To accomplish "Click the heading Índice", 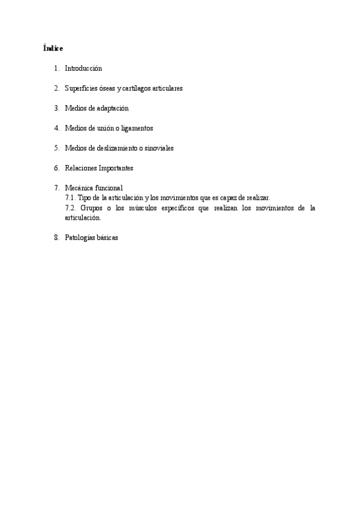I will tap(53, 47).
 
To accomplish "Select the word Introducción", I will tap(83, 68).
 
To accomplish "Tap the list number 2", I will tap(56, 88).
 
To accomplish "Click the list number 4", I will tap(56, 128).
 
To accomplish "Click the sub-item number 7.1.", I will tap(70, 197).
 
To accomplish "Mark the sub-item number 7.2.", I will tap(70, 208).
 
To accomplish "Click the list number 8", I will tap(56, 237).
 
